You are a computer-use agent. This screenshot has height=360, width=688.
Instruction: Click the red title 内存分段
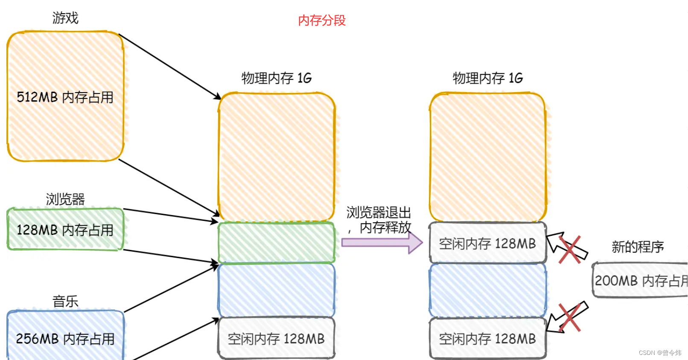pos(322,20)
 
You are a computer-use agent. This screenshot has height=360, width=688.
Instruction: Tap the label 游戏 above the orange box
pos(65,18)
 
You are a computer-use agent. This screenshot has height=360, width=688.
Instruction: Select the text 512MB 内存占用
pos(65,97)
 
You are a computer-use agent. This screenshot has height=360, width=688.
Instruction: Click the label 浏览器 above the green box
pos(65,199)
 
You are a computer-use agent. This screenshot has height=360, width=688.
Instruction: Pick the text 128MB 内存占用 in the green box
pos(65,230)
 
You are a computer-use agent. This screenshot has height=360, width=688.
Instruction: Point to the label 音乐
pos(65,302)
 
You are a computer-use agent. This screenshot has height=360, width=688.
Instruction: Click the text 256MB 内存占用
pos(65,339)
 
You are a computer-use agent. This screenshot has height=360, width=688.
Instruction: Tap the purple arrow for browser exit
pos(382,243)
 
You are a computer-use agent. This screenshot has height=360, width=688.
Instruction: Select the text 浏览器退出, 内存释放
pos(379,220)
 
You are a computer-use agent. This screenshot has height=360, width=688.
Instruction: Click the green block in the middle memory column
pos(276,243)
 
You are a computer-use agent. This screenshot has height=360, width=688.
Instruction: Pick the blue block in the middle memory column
pos(276,290)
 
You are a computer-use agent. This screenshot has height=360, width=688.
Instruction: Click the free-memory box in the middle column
pos(276,339)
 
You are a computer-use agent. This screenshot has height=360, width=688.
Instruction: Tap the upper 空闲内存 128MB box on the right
pos(487,244)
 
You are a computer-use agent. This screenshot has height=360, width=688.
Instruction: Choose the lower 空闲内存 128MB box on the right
pos(487,339)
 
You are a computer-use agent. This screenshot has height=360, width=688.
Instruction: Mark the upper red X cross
pos(570,250)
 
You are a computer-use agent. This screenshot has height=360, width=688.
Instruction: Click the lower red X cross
pos(570,317)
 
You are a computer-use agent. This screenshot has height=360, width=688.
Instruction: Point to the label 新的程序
pos(638,247)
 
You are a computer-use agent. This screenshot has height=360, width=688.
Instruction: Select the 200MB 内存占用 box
pos(640,280)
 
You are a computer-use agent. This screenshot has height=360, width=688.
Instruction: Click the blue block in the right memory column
pos(487,290)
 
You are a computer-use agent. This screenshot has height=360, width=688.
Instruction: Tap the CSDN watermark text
pos(660,353)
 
